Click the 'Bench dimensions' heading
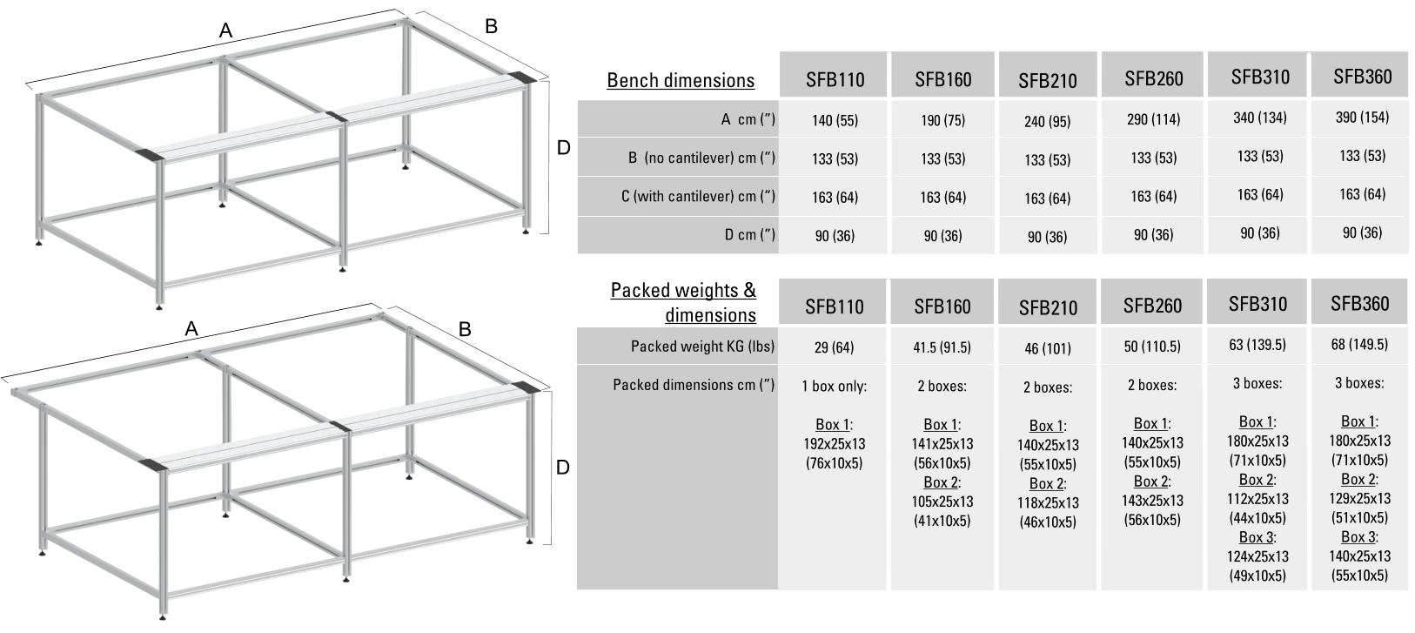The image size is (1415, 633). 681,80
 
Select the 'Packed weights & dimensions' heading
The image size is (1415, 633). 683,302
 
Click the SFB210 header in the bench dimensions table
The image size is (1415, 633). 1048,81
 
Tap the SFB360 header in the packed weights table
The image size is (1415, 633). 1360,304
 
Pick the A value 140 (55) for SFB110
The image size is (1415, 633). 835,121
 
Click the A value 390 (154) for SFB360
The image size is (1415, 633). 1362,118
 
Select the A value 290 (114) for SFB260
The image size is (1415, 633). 1153,119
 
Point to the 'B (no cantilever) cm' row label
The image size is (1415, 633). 701,158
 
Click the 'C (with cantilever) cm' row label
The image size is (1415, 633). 698,197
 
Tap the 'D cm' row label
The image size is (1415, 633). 750,235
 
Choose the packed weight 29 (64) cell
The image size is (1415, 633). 834,347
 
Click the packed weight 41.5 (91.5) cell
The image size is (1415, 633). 942,347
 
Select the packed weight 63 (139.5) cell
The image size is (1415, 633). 1257,345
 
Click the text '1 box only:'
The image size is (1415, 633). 834,387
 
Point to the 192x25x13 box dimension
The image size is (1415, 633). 834,444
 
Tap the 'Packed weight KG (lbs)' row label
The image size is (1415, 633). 702,347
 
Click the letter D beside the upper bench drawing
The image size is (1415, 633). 563,148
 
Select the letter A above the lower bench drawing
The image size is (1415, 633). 191,328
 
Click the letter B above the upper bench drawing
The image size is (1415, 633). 491,26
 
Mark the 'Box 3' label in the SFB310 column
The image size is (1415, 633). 1256,537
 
